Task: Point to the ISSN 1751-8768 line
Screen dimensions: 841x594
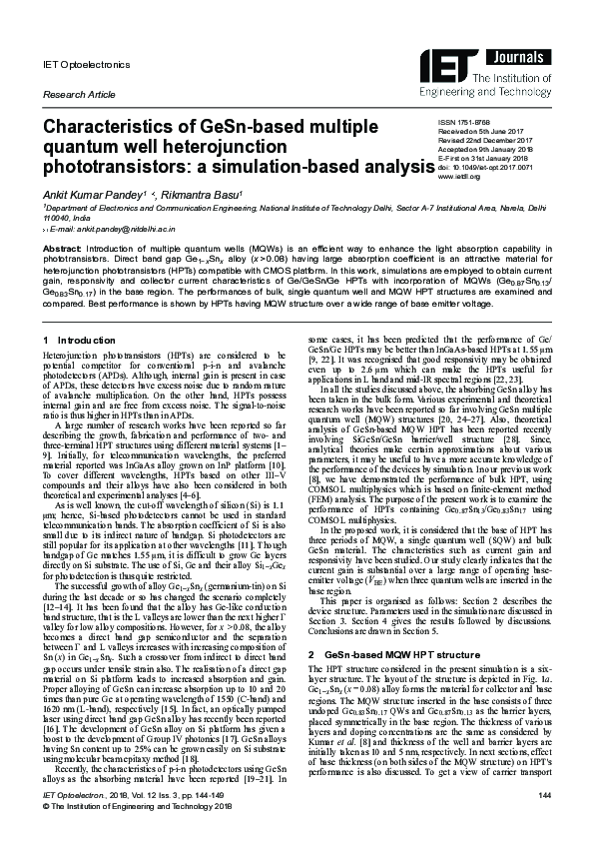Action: [x=461, y=148]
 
